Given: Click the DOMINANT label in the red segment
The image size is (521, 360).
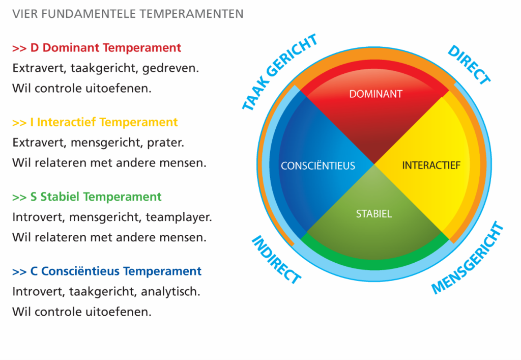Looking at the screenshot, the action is (375, 94).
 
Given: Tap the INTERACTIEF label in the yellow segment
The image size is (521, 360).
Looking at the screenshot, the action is (431, 165).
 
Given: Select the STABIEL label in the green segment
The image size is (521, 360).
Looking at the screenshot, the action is (374, 214).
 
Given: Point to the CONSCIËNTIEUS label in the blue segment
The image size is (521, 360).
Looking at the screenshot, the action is (318, 165).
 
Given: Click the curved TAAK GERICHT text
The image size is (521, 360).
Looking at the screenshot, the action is (279, 72).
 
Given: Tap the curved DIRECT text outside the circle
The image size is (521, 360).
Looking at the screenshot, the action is (469, 65).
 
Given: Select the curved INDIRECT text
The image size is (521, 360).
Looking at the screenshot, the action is (276, 260).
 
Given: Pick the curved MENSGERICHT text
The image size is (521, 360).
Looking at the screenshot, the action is (467, 258).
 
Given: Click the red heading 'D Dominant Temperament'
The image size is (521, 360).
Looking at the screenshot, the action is (106, 47).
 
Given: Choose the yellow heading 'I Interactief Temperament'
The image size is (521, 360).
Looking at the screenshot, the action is (104, 122).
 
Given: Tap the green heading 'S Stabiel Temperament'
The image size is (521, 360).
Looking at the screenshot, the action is (96, 197).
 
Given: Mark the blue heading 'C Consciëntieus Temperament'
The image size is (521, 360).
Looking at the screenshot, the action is (115, 271).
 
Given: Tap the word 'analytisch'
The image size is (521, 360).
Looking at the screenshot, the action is (170, 292).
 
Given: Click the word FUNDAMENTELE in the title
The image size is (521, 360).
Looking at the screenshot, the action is (89, 14).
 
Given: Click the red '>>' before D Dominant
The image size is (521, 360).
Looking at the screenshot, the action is (19, 48).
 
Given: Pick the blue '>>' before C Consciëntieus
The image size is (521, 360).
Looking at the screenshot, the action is (19, 271).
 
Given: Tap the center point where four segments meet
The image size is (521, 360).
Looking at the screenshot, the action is (374, 164).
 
